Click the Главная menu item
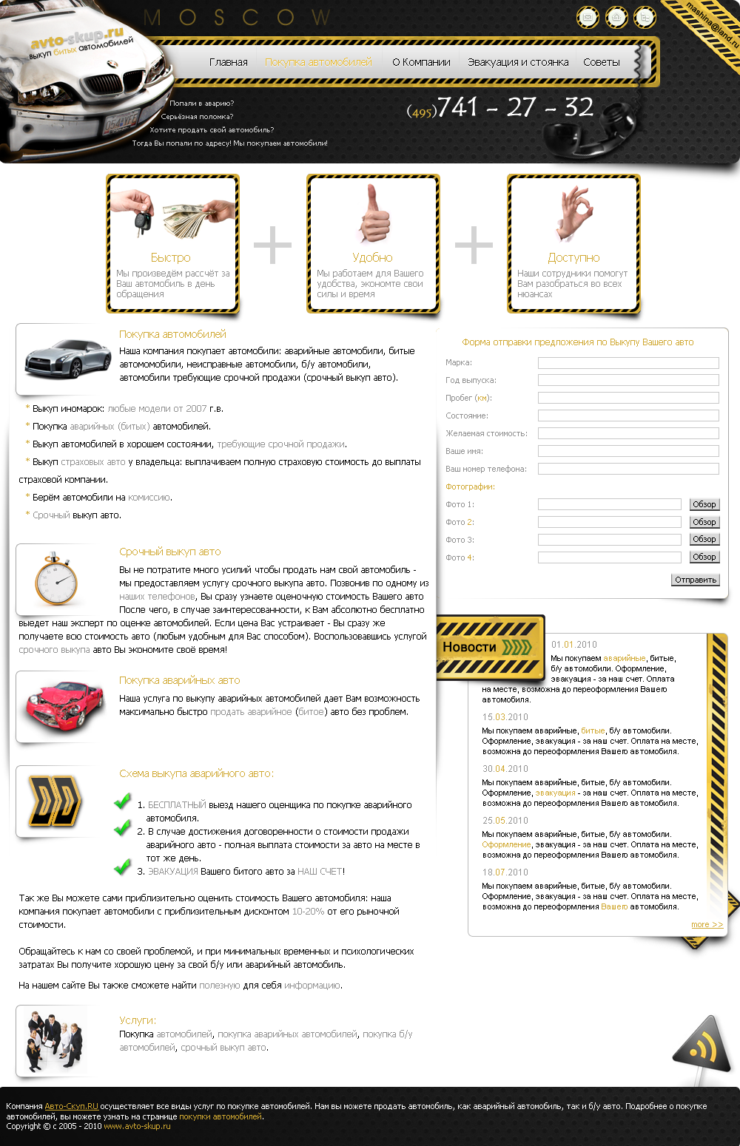pos(228,62)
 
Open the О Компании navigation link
pos(421,62)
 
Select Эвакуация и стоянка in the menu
pos(518,62)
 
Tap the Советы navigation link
pos(601,62)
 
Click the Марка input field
pos(628,363)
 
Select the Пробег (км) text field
pos(628,398)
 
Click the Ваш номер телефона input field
pos(628,469)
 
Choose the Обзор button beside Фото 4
pos(704,557)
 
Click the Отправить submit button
pos(696,580)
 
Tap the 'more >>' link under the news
pos(707,924)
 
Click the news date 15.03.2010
pos(505,717)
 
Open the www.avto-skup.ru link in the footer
pos(137,1126)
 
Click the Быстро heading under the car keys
pos(170,257)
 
